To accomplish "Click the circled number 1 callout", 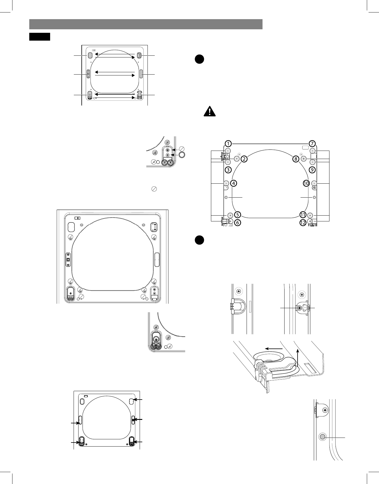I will pyautogui.click(x=228, y=144).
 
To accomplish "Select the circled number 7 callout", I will pyautogui.click(x=312, y=144).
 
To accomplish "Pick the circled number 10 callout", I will pyautogui.click(x=306, y=183).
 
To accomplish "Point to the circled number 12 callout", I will pyautogui.click(x=303, y=223).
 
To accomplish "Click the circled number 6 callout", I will pyautogui.click(x=237, y=223).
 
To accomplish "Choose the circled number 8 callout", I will pyautogui.click(x=296, y=159).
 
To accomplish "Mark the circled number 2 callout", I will pyautogui.click(x=244, y=159).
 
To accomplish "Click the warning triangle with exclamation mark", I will pyautogui.click(x=209, y=111).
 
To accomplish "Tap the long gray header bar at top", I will pyautogui.click(x=146, y=24).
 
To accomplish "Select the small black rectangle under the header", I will pyautogui.click(x=40, y=37).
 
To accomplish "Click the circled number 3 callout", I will pyautogui.click(x=228, y=170).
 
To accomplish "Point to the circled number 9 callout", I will pyautogui.click(x=312, y=170).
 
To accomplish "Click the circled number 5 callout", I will pyautogui.click(x=237, y=215).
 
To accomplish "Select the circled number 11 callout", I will pyautogui.click(x=303, y=215).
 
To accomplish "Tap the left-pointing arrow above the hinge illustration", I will pyautogui.click(x=274, y=348).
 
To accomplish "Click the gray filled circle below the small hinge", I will pyautogui.click(x=322, y=437).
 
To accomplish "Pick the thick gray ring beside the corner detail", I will pyautogui.click(x=182, y=155).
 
